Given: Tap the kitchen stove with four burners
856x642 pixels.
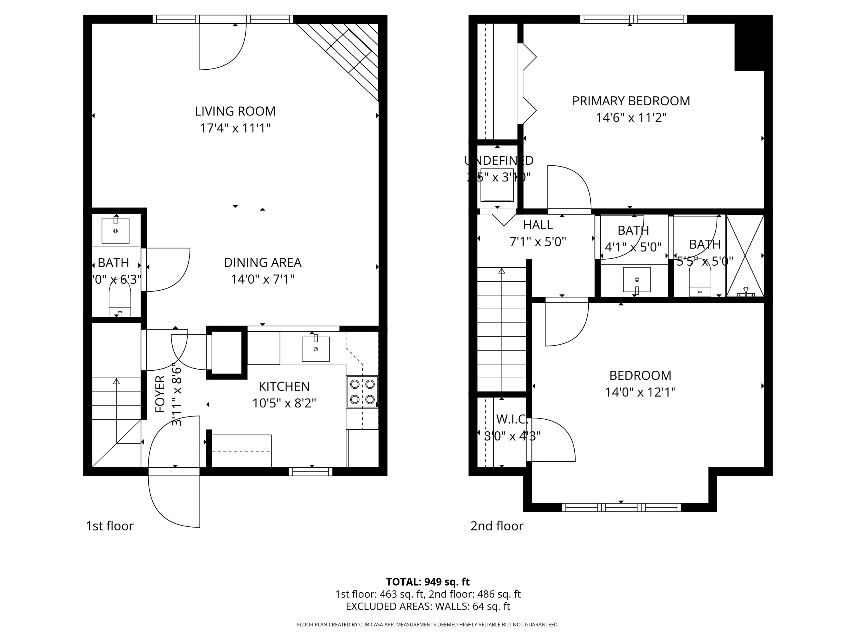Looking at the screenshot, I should [x=362, y=392].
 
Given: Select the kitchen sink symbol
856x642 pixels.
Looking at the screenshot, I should [x=315, y=349].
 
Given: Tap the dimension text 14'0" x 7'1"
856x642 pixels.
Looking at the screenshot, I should [x=263, y=279].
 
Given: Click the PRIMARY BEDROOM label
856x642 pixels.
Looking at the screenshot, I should [x=631, y=101].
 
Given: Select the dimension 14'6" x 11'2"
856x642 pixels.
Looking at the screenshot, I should [x=631, y=118].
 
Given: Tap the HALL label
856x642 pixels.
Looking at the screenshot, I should [x=538, y=225].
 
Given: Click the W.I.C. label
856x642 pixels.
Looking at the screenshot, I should [x=512, y=419].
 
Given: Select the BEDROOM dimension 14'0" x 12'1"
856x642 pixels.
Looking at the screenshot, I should [x=640, y=392].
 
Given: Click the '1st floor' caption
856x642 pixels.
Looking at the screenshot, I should [x=110, y=526].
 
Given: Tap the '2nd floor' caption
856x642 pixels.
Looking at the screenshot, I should [x=496, y=526].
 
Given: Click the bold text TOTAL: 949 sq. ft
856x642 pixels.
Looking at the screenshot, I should [x=428, y=582].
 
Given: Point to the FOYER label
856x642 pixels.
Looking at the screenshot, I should [x=160, y=394].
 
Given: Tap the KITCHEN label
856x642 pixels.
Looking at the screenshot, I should [x=284, y=386].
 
